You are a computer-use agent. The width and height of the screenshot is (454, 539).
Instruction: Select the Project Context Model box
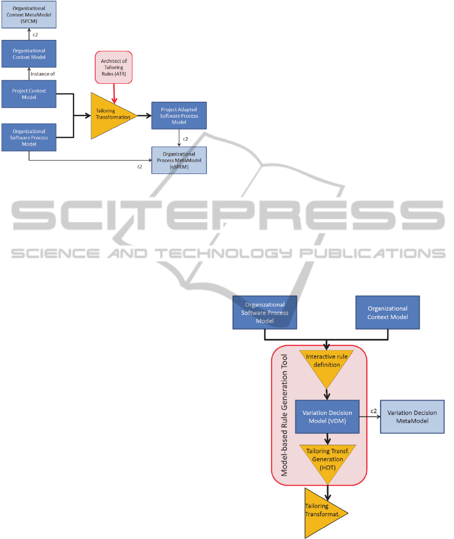(29, 94)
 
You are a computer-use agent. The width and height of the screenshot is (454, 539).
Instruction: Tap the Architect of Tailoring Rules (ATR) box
(114, 67)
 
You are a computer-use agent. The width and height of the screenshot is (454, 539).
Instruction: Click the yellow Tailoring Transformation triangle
(111, 116)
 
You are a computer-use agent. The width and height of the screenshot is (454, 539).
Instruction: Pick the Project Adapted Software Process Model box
(179, 116)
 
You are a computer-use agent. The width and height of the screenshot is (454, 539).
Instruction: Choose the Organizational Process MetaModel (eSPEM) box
(179, 160)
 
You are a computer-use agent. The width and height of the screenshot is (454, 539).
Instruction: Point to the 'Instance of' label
(42, 73)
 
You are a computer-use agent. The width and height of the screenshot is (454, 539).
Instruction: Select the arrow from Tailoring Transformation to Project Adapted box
(144, 116)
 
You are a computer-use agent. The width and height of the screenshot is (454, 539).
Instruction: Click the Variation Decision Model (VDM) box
(327, 416)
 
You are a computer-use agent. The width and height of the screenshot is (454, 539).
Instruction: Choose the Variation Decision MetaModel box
(412, 416)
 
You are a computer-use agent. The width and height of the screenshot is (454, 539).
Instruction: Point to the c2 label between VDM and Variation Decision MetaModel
(374, 411)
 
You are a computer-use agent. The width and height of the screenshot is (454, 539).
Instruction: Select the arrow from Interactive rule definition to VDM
(327, 394)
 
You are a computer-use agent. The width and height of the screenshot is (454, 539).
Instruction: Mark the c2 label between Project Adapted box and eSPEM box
(185, 139)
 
